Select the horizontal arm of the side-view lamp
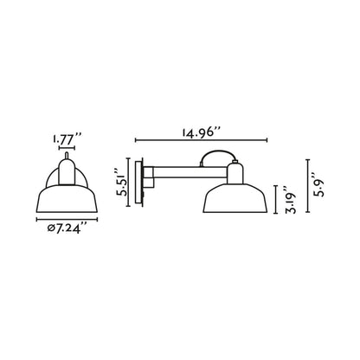pyautogui.click(x=186, y=168)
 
